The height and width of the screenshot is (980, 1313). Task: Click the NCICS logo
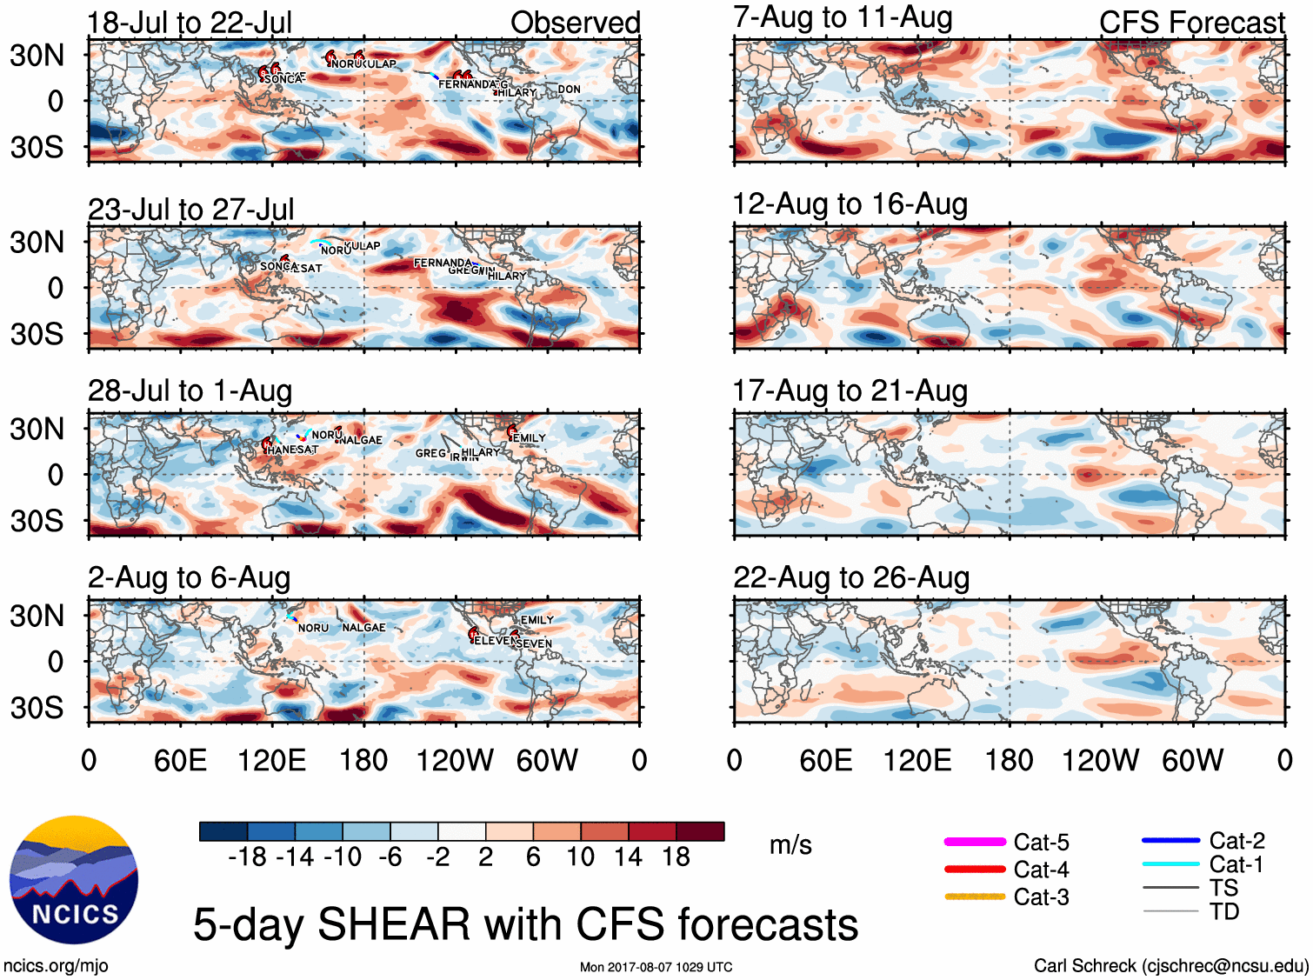tap(74, 880)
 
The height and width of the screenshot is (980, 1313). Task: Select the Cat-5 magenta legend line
tap(975, 842)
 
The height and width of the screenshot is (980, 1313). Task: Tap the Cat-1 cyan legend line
tap(1170, 864)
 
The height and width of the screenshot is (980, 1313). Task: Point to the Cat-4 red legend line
tap(975, 869)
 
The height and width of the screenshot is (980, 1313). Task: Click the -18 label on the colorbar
tap(248, 857)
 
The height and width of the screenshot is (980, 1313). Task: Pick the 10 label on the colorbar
tap(580, 857)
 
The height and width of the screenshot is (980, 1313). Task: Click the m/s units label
tap(790, 845)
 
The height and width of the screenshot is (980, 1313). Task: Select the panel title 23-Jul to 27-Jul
tap(191, 210)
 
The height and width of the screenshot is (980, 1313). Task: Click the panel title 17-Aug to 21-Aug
tap(850, 391)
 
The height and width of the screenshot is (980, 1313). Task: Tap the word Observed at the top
tap(575, 23)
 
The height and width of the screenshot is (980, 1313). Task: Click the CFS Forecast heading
tap(1191, 23)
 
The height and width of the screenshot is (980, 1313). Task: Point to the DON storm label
tap(570, 90)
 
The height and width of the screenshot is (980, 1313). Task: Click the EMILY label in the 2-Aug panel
tap(537, 620)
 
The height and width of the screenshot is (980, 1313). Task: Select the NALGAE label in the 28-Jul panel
tap(361, 440)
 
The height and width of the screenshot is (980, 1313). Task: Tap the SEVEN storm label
tap(534, 643)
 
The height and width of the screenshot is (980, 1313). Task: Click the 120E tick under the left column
tap(271, 761)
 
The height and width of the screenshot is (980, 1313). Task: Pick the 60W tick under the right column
tap(1192, 761)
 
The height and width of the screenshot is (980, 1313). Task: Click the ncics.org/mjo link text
tap(56, 965)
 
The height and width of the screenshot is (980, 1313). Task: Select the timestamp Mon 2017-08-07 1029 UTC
tap(656, 967)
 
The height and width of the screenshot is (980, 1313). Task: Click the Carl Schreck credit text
tap(1170, 965)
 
